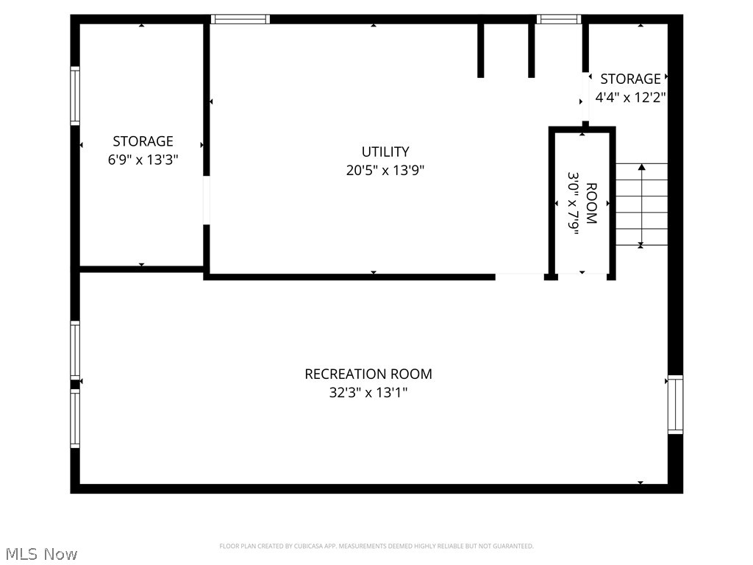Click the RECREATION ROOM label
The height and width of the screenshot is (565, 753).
pos(368,374)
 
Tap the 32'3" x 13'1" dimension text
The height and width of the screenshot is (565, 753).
pos(368,393)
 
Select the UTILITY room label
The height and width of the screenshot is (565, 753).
pos(385,152)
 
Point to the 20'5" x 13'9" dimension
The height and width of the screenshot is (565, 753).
pos(385,171)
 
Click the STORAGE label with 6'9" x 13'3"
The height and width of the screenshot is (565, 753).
pos(143,141)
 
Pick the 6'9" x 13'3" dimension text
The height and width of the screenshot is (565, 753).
pos(143,159)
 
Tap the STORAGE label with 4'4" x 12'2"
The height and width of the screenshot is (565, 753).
pos(630,79)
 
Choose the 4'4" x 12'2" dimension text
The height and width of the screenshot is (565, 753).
pos(630,97)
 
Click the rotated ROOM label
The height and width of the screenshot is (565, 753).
pos(591,203)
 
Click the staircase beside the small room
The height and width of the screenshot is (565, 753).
pos(641,205)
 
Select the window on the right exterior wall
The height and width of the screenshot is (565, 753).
pos(675,404)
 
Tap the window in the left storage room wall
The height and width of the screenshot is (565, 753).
pos(75,96)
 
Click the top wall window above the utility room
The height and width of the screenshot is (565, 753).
pos(240,19)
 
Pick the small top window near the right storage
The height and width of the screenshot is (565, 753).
pos(559,19)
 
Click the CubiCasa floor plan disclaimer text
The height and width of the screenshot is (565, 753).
pos(376,546)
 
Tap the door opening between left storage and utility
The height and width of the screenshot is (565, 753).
pos(207,200)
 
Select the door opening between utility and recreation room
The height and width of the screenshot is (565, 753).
pos(519,277)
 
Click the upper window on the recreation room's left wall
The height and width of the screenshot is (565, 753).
pos(75,349)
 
